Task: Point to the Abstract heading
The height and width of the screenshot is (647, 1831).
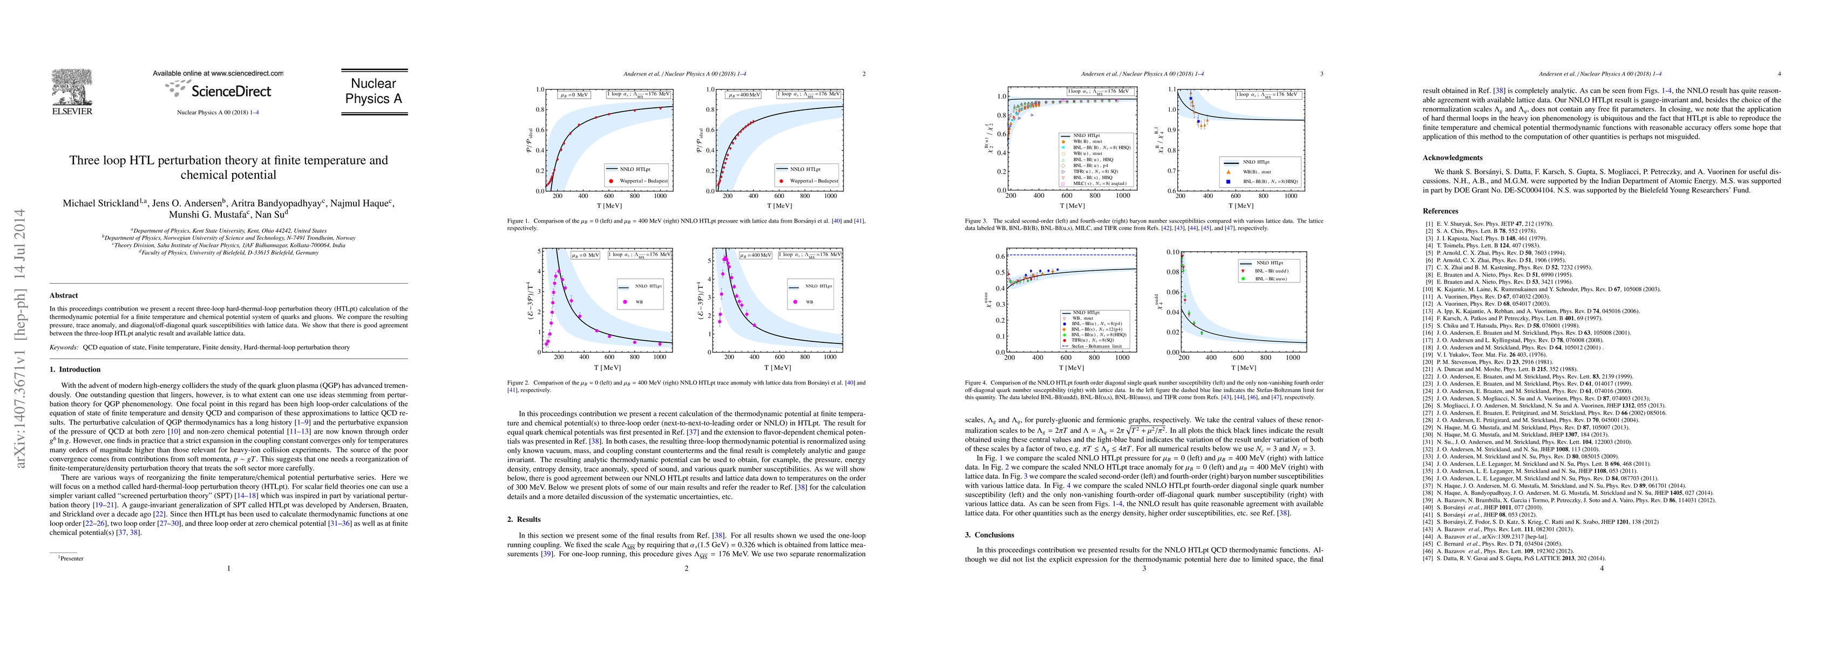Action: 64,295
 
